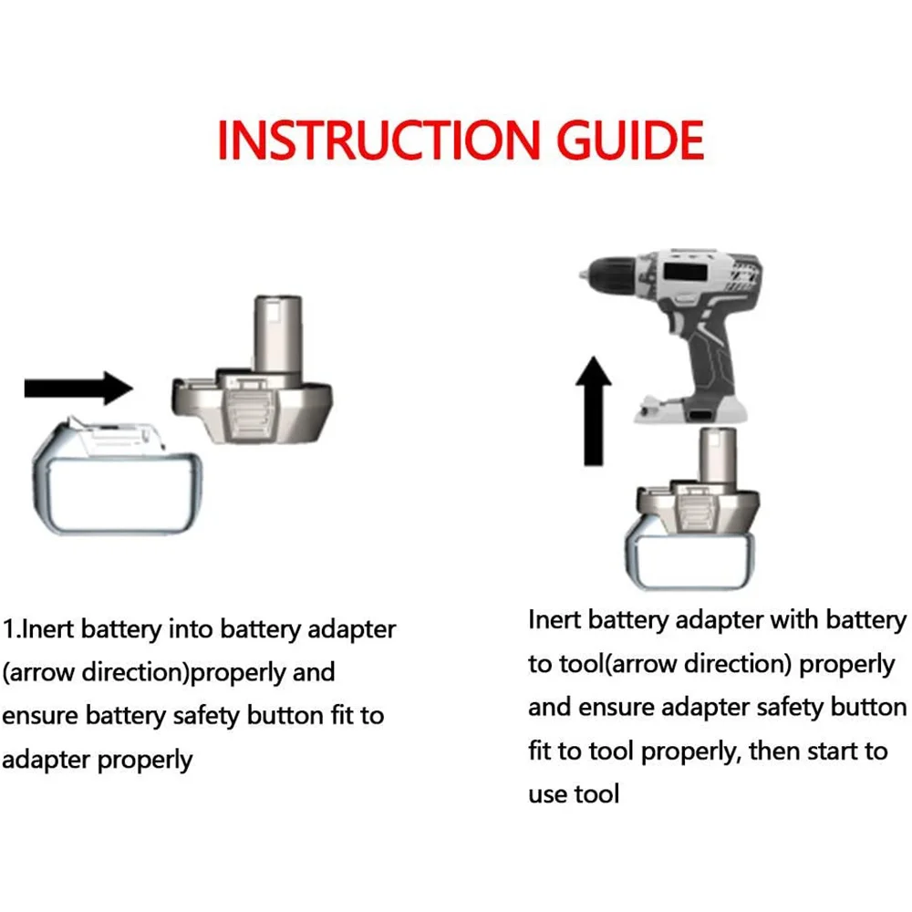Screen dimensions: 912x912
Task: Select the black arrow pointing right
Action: pos(78,388)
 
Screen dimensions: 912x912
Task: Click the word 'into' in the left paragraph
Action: pos(190,629)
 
